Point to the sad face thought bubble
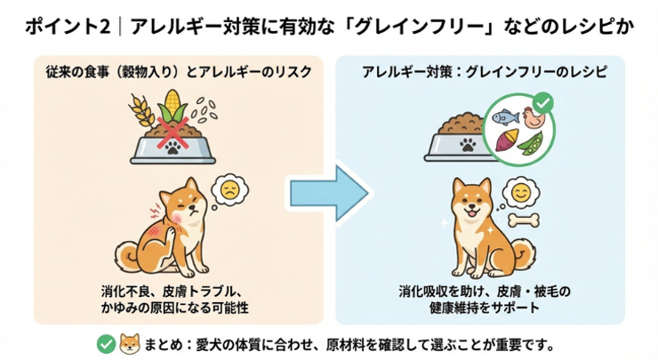(x=229, y=189)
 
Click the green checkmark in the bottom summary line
(x=105, y=343)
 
